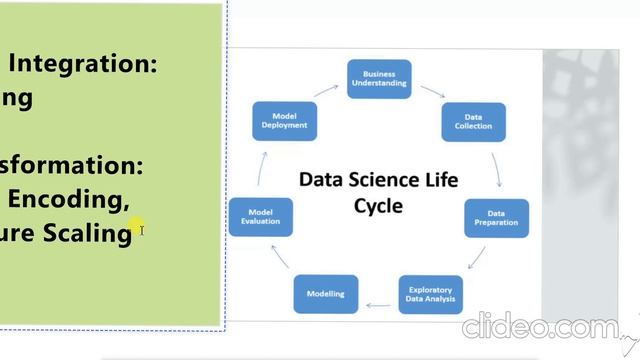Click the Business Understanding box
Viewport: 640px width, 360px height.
(x=379, y=80)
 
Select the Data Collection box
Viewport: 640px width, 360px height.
(x=474, y=122)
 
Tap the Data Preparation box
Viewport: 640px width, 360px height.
(x=496, y=218)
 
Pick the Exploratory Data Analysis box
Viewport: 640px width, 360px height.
(x=431, y=294)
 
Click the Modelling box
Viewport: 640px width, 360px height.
(x=325, y=294)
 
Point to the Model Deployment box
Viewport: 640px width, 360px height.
(x=284, y=121)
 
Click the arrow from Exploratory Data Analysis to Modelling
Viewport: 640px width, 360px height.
(x=378, y=301)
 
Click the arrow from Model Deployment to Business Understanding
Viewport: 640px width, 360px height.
(x=327, y=90)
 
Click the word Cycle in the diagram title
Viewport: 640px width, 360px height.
(x=349, y=205)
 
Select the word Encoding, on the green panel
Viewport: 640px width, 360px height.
(x=68, y=199)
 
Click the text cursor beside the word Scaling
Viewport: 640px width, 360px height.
(x=142, y=230)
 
